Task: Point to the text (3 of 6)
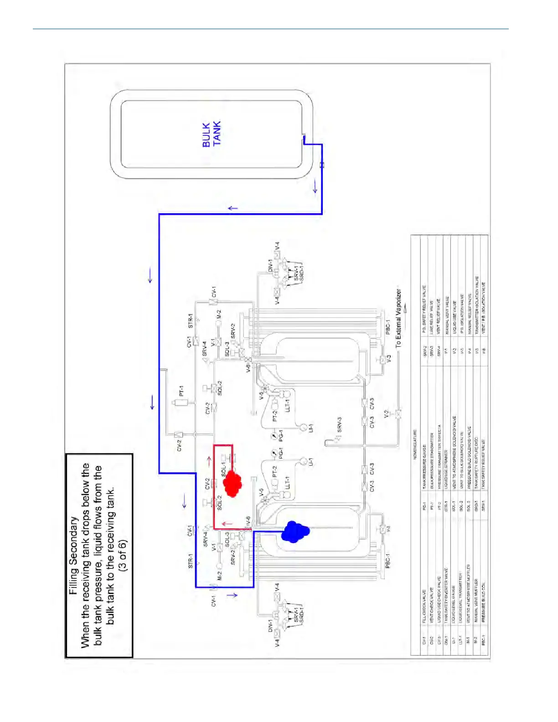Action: [x=122, y=556]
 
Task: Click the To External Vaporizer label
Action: [x=398, y=319]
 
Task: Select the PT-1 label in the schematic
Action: [x=181, y=391]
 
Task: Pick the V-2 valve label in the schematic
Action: [x=387, y=414]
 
